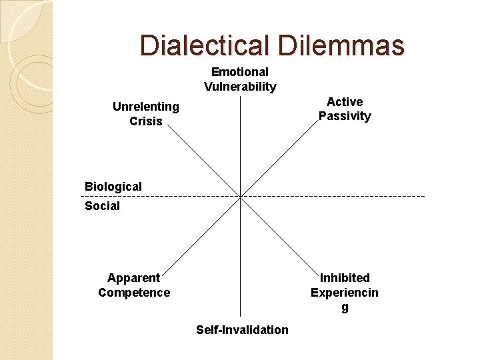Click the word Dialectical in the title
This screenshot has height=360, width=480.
203,45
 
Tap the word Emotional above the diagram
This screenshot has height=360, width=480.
240,72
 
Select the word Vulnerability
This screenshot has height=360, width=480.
240,87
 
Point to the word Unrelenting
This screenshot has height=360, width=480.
146,107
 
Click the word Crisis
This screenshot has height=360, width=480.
146,121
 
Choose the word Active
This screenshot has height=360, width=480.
345,102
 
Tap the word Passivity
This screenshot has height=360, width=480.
345,116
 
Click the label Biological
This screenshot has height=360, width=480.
113,187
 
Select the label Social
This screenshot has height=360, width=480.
102,206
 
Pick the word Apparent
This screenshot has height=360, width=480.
134,278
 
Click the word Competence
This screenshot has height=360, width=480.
134,293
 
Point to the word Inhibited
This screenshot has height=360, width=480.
345,278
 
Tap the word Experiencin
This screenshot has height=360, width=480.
345,293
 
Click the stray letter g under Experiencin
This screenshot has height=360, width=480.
345,307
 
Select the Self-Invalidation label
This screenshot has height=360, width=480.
242,330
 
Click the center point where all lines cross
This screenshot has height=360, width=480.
241,196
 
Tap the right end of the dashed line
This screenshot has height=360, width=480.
424,196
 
